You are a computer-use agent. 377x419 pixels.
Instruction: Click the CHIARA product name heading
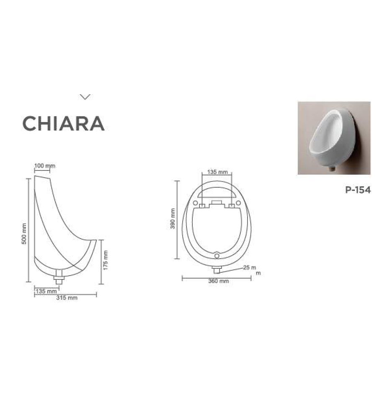(x=63, y=123)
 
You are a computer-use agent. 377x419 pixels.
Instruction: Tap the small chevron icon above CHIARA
(x=85, y=97)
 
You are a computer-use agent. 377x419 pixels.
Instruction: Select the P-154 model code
(x=358, y=190)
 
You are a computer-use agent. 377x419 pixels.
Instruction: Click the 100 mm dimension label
(x=44, y=166)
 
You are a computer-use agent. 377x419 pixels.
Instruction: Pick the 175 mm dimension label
(x=106, y=260)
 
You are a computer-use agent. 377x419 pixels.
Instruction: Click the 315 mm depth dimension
(x=67, y=298)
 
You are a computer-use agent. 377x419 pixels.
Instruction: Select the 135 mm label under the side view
(x=46, y=291)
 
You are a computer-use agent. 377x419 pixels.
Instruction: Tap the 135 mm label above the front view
(x=217, y=172)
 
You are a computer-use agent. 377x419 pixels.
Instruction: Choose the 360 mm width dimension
(x=218, y=281)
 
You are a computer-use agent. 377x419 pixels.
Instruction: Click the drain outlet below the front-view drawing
(x=217, y=269)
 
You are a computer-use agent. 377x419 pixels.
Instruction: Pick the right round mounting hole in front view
(x=238, y=203)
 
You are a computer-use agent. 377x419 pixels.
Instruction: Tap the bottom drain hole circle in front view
(x=217, y=255)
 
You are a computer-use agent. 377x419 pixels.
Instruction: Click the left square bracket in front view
(x=202, y=206)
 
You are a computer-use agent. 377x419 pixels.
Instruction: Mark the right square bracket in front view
(x=231, y=206)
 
